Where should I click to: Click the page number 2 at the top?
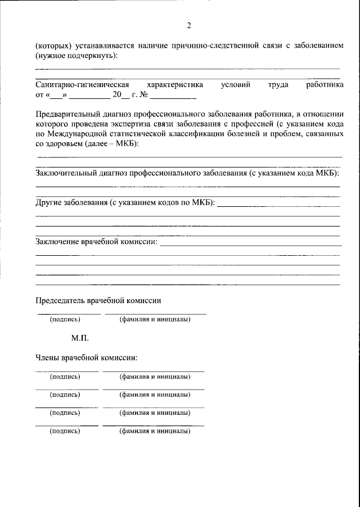[189, 25]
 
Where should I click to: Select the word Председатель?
[61, 300]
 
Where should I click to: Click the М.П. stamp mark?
[80, 338]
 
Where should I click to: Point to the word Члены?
[47, 357]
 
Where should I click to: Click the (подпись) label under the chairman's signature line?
[65, 320]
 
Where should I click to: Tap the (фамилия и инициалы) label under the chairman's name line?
[155, 320]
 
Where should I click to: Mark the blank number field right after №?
[173, 94]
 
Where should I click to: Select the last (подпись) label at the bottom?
[65, 431]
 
